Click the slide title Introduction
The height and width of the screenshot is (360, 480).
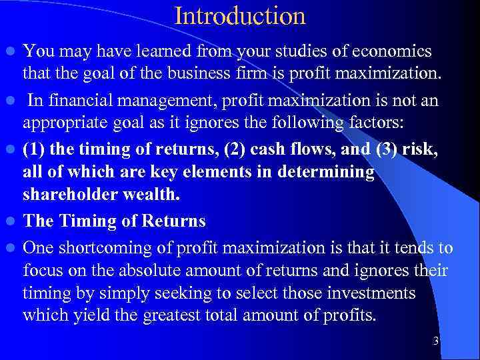(x=240, y=16)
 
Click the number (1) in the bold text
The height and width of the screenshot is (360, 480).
(x=35, y=150)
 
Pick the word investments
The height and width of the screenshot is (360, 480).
(x=377, y=294)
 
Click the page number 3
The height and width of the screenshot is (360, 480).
(x=435, y=341)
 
